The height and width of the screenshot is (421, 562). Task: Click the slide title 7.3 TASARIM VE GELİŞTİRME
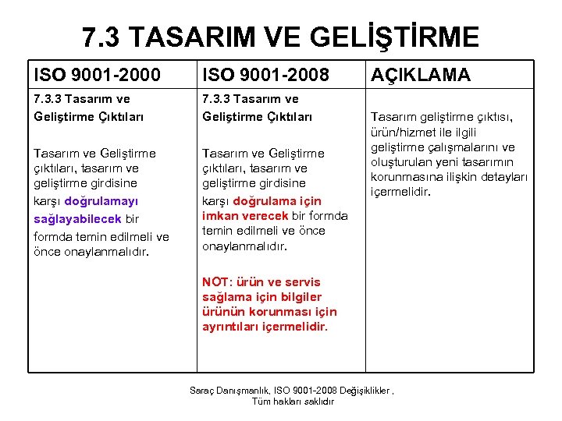point(281,37)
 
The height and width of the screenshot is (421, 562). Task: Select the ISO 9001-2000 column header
point(97,75)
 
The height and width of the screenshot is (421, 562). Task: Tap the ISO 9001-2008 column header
point(265,75)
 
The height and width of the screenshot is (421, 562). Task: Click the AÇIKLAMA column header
point(420,75)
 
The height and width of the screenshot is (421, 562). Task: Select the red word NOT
point(215,282)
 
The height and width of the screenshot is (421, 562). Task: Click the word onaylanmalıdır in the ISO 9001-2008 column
point(244,246)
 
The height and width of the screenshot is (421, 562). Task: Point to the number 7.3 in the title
point(102,37)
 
